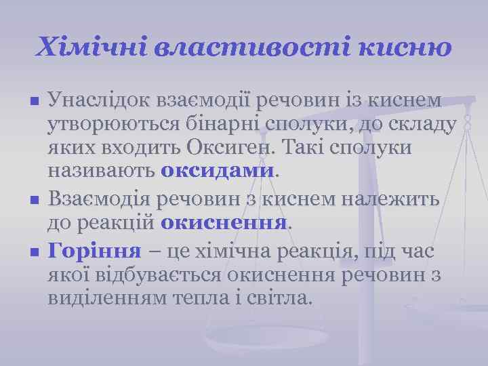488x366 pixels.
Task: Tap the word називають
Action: (102, 171)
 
